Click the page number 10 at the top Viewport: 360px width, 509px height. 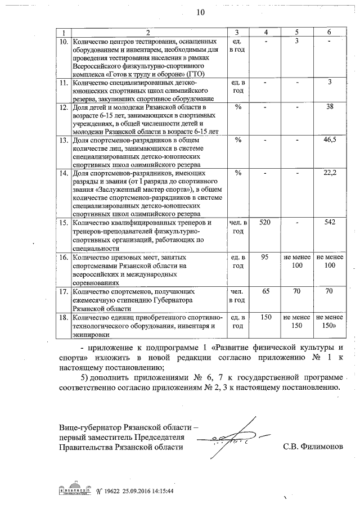coord(201,12)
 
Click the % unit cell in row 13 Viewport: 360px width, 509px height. coord(237,140)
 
